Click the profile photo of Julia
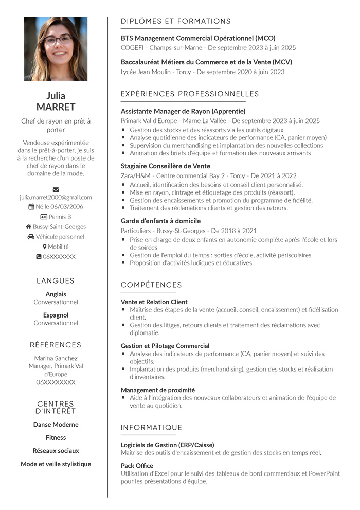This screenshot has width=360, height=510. coord(56,49)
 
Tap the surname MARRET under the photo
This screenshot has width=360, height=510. coord(56,107)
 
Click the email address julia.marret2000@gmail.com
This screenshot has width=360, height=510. coord(56,197)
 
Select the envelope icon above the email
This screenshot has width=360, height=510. coord(56,189)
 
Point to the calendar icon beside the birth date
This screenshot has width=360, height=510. coord(31,207)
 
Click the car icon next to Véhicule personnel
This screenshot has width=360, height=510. coord(31,237)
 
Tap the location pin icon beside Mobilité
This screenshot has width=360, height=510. coord(45,247)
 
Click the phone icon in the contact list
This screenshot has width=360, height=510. coord(39,257)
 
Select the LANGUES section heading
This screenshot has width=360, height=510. coord(56,281)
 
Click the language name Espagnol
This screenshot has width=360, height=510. coord(56,315)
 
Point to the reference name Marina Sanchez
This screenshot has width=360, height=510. coord(56,358)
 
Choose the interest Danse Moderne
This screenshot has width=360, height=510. coord(56,425)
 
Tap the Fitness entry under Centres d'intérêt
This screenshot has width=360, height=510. coord(56,438)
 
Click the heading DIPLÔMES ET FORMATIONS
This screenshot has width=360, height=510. coord(175,22)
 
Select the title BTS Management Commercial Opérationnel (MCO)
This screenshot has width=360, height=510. coord(198,38)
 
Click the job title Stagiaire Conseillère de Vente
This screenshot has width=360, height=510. coord(165,166)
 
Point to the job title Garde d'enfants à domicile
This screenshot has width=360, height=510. coord(160,221)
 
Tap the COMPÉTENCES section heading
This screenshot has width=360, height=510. coord(151,285)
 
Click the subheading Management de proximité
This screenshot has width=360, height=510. coord(157,390)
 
